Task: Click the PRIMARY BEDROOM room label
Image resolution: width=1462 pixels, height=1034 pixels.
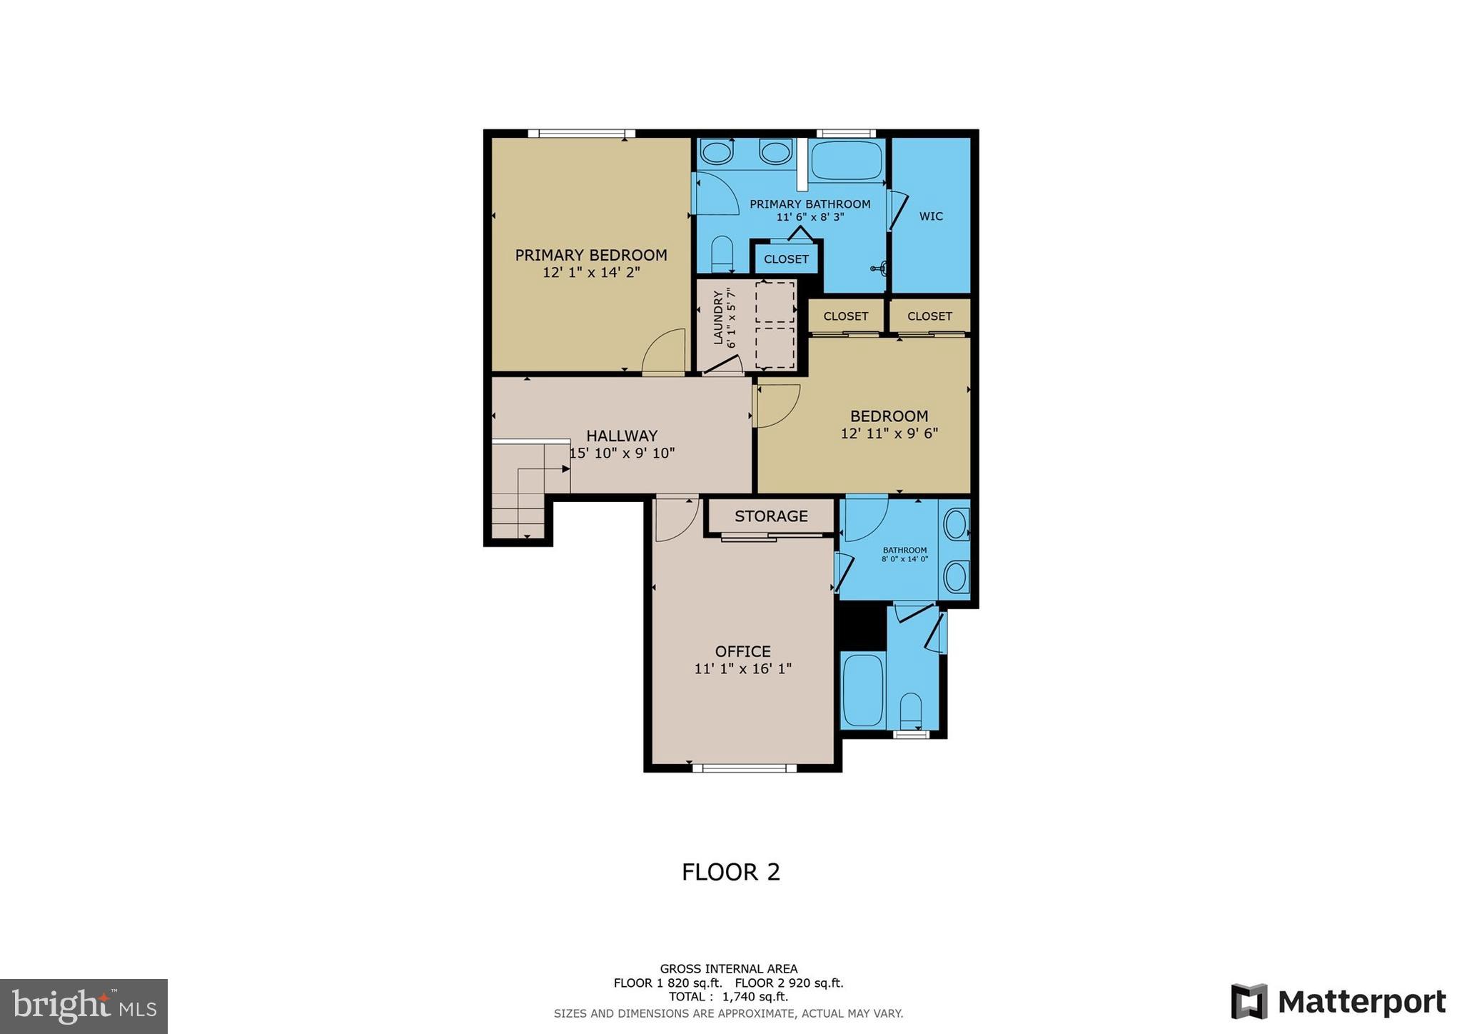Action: [x=591, y=255]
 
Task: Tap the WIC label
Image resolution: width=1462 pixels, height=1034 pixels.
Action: [x=931, y=216]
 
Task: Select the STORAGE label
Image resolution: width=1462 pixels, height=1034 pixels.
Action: [x=771, y=516]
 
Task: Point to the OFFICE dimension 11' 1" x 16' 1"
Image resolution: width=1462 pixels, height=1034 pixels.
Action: [x=742, y=669]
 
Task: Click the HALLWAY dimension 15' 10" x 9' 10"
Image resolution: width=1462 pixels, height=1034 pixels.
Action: [x=622, y=453]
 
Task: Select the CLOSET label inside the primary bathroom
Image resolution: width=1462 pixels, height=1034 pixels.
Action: [x=786, y=259]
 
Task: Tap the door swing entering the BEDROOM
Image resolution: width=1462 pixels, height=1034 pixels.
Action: [x=777, y=406]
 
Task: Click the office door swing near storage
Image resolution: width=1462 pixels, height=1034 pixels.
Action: [x=675, y=518]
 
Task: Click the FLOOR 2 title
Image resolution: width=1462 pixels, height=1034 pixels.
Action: [x=730, y=872]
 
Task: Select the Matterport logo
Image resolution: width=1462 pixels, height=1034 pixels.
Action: [x=1339, y=1002]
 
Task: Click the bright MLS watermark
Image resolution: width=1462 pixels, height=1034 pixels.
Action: [x=84, y=1006]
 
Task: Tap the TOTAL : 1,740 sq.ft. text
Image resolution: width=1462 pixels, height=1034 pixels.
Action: [x=728, y=997]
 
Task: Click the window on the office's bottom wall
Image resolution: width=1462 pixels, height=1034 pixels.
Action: [x=744, y=768]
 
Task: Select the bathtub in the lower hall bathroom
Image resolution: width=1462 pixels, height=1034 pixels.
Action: [x=863, y=689]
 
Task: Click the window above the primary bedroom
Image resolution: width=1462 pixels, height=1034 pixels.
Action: [x=581, y=133]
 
